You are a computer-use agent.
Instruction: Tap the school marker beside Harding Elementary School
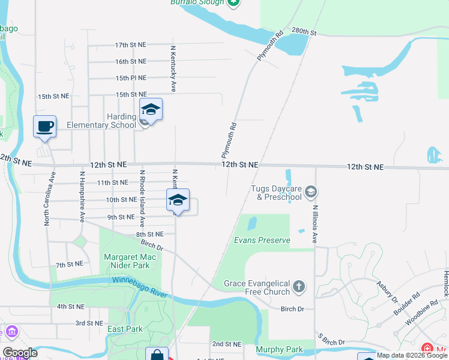pos(151,109)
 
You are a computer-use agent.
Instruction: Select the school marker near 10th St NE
pos(178,200)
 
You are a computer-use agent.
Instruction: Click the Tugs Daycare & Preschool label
pos(277,193)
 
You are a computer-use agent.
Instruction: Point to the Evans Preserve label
pos(262,241)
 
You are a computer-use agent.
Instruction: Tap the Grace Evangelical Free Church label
pos(257,287)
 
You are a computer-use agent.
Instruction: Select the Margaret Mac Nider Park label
pos(126,261)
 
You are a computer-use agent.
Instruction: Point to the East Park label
pos(125,329)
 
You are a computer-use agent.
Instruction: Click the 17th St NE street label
pos(131,45)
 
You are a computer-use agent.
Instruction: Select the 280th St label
pos(304,32)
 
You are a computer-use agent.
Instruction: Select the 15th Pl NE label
pos(131,78)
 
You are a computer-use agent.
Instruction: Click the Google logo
pos(19,353)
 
